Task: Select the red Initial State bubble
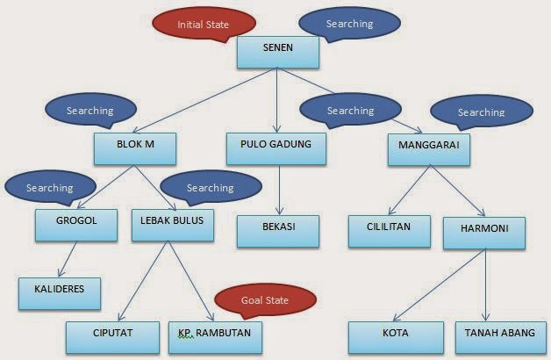click(204, 25)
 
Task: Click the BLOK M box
click(135, 147)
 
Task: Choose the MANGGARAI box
click(429, 148)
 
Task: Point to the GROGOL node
click(77, 224)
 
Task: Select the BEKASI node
click(277, 230)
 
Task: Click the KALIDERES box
click(60, 292)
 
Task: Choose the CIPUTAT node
click(112, 336)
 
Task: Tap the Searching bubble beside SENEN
click(349, 24)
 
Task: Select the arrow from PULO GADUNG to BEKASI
click(277, 189)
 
